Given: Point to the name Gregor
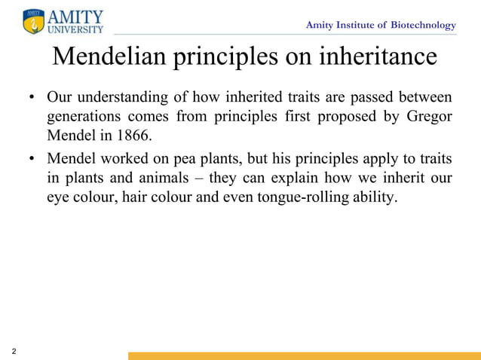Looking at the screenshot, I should (x=429, y=117).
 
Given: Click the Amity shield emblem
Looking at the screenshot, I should (x=34, y=21).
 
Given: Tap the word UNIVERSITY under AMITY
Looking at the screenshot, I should (x=75, y=29).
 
